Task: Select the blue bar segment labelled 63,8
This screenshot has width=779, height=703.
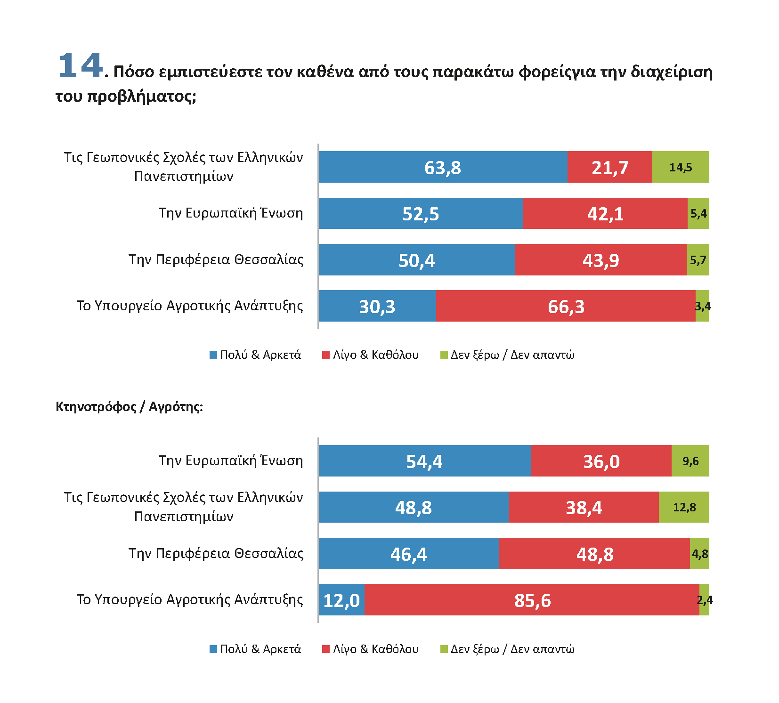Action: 443,167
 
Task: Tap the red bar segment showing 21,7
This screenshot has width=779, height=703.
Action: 610,167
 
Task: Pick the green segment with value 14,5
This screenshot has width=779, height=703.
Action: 681,167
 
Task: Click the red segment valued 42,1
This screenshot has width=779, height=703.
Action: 605,213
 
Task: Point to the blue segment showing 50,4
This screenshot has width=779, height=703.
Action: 417,260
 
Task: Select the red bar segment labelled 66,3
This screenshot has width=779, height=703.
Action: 566,306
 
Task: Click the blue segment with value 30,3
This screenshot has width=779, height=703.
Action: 377,306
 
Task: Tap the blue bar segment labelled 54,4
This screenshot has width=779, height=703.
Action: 424,461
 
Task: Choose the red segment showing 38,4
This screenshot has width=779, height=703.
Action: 584,507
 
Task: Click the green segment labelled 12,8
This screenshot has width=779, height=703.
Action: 684,507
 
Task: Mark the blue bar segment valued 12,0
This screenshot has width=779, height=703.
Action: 341,600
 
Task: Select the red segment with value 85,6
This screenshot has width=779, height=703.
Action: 532,600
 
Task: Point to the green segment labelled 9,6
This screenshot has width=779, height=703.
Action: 690,461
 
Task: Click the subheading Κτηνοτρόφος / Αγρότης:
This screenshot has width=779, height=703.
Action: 129,406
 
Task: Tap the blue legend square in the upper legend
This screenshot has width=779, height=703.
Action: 213,355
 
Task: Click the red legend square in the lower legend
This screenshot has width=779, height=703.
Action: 326,649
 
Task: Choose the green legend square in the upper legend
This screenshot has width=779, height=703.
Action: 444,355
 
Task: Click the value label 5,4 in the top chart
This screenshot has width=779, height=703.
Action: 698,213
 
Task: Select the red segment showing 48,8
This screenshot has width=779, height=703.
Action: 595,554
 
